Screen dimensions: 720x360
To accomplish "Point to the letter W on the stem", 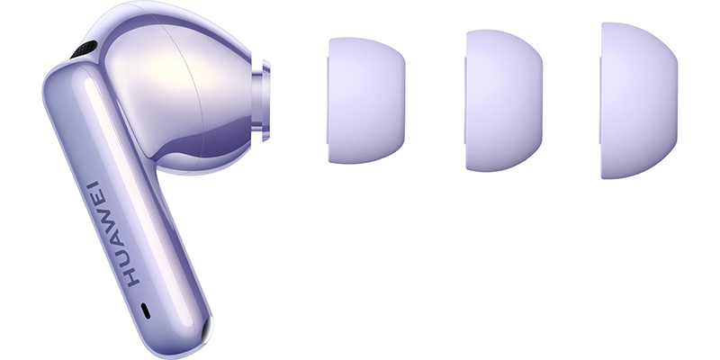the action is [106, 220].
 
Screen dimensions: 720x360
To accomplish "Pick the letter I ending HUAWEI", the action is [93, 185].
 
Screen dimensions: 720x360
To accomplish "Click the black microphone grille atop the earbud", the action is [84, 49].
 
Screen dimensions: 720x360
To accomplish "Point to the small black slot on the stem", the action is [146, 310].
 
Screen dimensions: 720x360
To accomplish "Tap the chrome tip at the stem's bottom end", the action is [207, 328].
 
